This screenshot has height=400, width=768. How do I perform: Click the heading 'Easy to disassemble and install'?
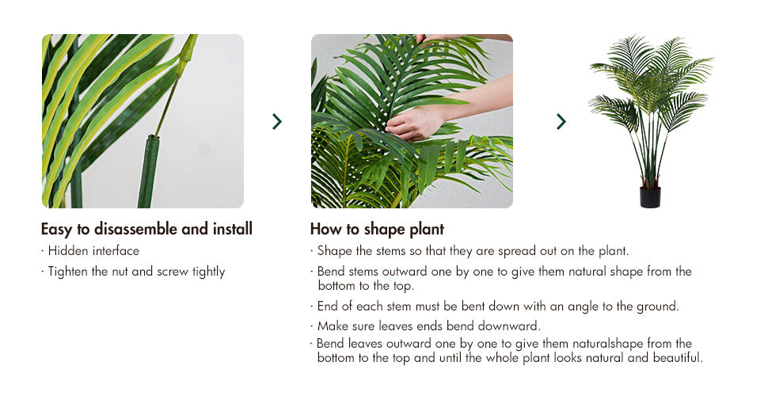[146, 230]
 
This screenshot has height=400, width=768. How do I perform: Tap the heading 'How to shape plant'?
[377, 230]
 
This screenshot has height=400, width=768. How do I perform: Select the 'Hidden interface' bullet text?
[93, 251]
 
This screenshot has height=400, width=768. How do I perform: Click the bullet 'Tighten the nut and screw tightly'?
[136, 272]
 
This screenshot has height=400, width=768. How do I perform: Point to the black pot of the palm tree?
[650, 197]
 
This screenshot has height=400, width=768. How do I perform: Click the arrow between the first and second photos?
[277, 121]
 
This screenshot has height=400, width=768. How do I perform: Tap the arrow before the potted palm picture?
[561, 121]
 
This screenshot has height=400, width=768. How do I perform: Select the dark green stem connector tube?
[148, 172]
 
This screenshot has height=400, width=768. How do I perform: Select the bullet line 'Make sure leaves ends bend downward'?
[428, 326]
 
